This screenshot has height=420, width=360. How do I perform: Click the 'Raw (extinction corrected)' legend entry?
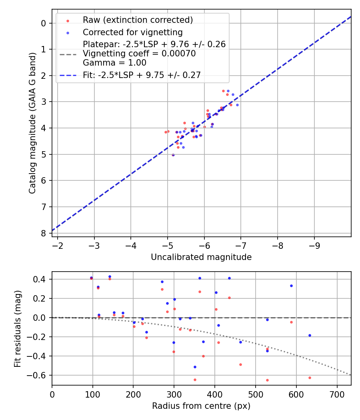click(x=138, y=20)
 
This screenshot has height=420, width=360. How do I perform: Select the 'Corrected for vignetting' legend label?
click(x=132, y=32)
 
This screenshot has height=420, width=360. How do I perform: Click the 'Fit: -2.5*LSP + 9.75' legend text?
click(x=142, y=74)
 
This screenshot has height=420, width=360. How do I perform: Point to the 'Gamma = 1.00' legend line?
click(x=114, y=63)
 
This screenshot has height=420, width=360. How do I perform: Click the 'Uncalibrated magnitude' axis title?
click(x=201, y=257)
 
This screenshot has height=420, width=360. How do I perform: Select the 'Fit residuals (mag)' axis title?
click(x=17, y=328)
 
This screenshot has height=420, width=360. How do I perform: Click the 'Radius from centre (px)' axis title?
click(x=201, y=406)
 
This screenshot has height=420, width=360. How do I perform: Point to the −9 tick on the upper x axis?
click(x=314, y=244)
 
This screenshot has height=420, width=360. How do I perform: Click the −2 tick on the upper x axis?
click(x=58, y=244)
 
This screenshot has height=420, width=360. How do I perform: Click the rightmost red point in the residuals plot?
click(x=310, y=378)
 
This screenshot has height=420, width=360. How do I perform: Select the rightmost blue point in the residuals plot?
click(x=310, y=335)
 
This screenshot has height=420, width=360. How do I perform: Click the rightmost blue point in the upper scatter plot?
click(x=237, y=105)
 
